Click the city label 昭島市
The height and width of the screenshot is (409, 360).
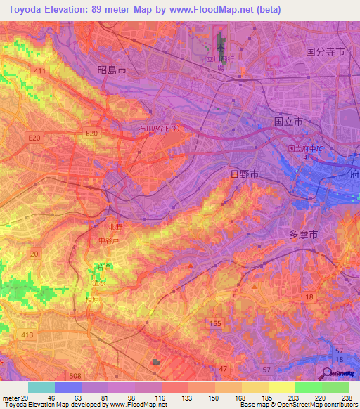112,70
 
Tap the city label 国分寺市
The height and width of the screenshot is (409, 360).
325,51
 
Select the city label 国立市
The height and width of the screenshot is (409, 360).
288,122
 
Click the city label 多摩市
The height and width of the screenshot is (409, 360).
304,234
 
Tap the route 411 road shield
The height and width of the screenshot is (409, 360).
39,71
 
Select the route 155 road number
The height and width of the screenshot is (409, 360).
215,323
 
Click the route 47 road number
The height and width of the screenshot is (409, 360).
223,369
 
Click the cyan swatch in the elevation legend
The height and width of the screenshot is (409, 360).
41,387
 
